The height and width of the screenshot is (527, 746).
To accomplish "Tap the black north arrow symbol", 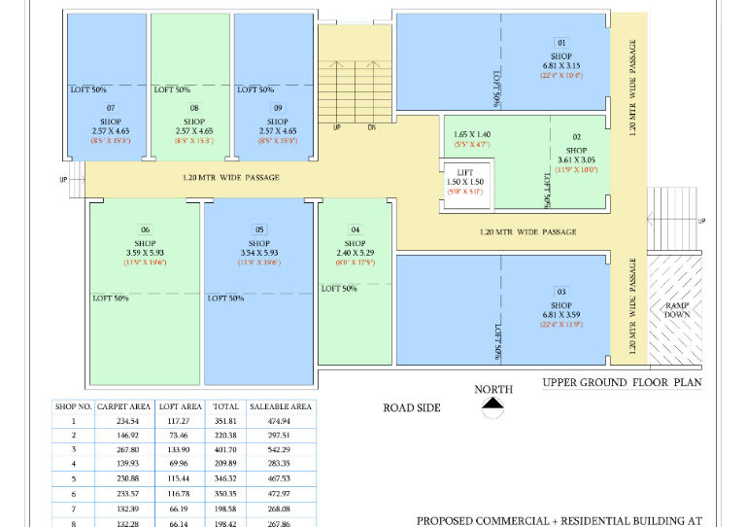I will point(493,403).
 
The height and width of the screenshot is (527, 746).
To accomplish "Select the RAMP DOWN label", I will point(676,310).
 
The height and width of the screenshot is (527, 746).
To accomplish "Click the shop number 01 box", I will point(561,43).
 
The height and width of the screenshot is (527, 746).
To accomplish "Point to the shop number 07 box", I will point(111,108).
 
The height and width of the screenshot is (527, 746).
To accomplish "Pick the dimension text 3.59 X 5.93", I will point(146,253).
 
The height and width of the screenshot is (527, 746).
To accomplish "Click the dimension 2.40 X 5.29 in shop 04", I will point(355,253).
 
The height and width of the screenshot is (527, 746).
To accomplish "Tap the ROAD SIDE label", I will point(412,408).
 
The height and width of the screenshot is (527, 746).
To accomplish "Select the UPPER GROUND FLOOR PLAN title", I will point(622,383).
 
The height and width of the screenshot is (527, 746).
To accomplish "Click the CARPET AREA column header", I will point(123,406).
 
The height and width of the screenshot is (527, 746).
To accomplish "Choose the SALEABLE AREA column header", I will point(281,406).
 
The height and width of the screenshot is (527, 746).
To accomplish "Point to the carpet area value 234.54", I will point(123,421).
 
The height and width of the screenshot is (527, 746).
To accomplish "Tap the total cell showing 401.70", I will point(225,451).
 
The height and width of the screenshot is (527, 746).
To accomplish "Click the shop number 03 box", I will point(561,292).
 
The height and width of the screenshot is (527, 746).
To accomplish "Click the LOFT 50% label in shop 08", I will point(172,89).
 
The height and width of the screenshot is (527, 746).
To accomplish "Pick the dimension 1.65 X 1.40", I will point(472,134).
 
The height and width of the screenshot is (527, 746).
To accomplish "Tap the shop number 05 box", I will point(259,229).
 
